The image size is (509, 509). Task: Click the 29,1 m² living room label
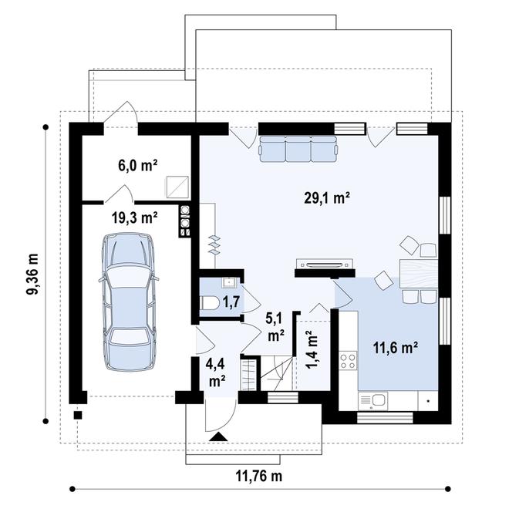[x=327, y=197]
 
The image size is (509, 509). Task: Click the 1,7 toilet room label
[x=231, y=302]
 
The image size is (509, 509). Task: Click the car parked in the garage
[x=129, y=291]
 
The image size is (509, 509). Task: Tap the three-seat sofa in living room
[x=297, y=149]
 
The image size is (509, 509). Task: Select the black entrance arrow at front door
[x=218, y=438]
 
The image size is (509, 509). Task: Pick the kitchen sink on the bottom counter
[x=379, y=399]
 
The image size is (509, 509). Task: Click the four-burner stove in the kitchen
[x=347, y=359]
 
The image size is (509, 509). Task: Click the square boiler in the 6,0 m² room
[x=178, y=186]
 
